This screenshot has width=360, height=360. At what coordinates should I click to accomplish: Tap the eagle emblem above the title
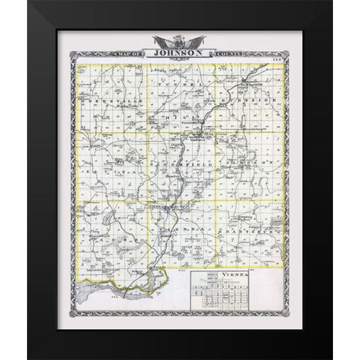(180, 41)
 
